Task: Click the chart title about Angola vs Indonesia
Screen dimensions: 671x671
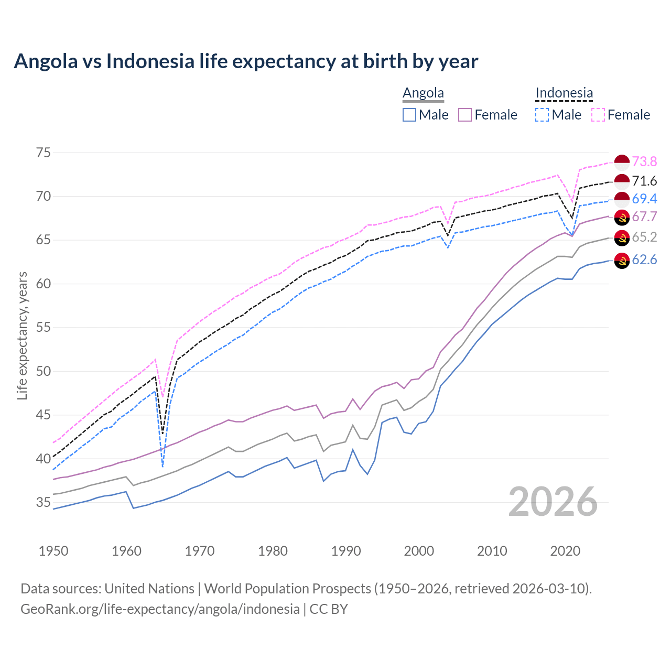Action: [x=246, y=61]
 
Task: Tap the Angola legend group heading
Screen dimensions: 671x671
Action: [x=423, y=93]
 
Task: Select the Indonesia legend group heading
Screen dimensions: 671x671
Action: [x=564, y=93]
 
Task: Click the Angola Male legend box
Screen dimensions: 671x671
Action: [x=409, y=115]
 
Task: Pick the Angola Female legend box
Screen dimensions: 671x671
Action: [x=465, y=115]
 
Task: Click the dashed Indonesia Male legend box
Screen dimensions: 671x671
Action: [x=542, y=115]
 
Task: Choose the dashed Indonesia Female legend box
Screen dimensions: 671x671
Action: [x=598, y=115]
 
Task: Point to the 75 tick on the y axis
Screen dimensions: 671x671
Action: [x=44, y=153]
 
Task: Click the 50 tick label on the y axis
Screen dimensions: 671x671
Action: [x=44, y=371]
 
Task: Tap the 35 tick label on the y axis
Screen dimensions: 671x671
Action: [x=44, y=502]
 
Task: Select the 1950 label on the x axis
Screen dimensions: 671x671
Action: [x=53, y=551]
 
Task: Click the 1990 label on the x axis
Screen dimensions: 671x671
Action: [x=346, y=551]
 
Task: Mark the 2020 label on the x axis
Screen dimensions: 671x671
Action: [x=565, y=551]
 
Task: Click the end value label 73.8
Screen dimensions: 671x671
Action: [x=644, y=161]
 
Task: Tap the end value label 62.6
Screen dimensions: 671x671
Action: [x=644, y=260]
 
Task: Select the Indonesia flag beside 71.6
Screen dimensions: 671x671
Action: [x=622, y=181]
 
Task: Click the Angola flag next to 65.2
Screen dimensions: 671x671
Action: [x=622, y=238]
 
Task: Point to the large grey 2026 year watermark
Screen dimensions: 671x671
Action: [x=553, y=502]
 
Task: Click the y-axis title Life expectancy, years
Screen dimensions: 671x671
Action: [x=23, y=335]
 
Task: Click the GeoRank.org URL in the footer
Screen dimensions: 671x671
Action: [x=160, y=609]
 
